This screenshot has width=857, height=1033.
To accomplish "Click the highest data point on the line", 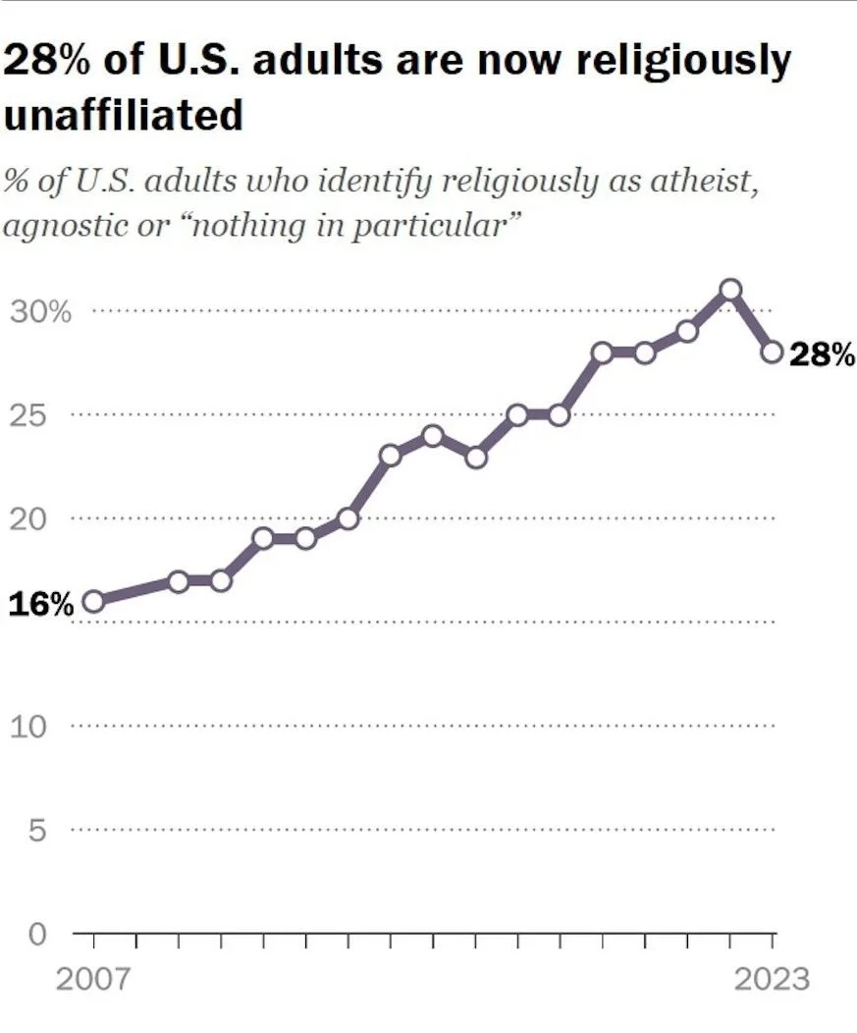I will [x=729, y=290].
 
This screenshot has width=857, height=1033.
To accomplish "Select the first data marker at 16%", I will [x=94, y=601].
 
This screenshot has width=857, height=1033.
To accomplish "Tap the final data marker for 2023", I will [x=772, y=352].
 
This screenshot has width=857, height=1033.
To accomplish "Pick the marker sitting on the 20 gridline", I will [x=348, y=517].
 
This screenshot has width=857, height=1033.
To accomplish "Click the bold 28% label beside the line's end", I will [x=822, y=354].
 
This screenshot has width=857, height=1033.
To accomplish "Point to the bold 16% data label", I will [x=41, y=604].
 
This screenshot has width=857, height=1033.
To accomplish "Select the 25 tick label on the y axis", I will [x=29, y=415].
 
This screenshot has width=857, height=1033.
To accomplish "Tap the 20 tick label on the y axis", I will [x=29, y=518].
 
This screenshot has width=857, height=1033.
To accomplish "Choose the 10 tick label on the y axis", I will [x=29, y=727].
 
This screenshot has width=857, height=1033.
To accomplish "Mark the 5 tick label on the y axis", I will [x=36, y=831].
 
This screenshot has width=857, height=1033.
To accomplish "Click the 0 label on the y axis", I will [x=36, y=934].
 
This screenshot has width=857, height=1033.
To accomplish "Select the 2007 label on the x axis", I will [x=94, y=979].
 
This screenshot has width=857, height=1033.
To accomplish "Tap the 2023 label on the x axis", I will [x=771, y=979].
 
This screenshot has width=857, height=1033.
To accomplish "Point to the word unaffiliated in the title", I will [x=124, y=115].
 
